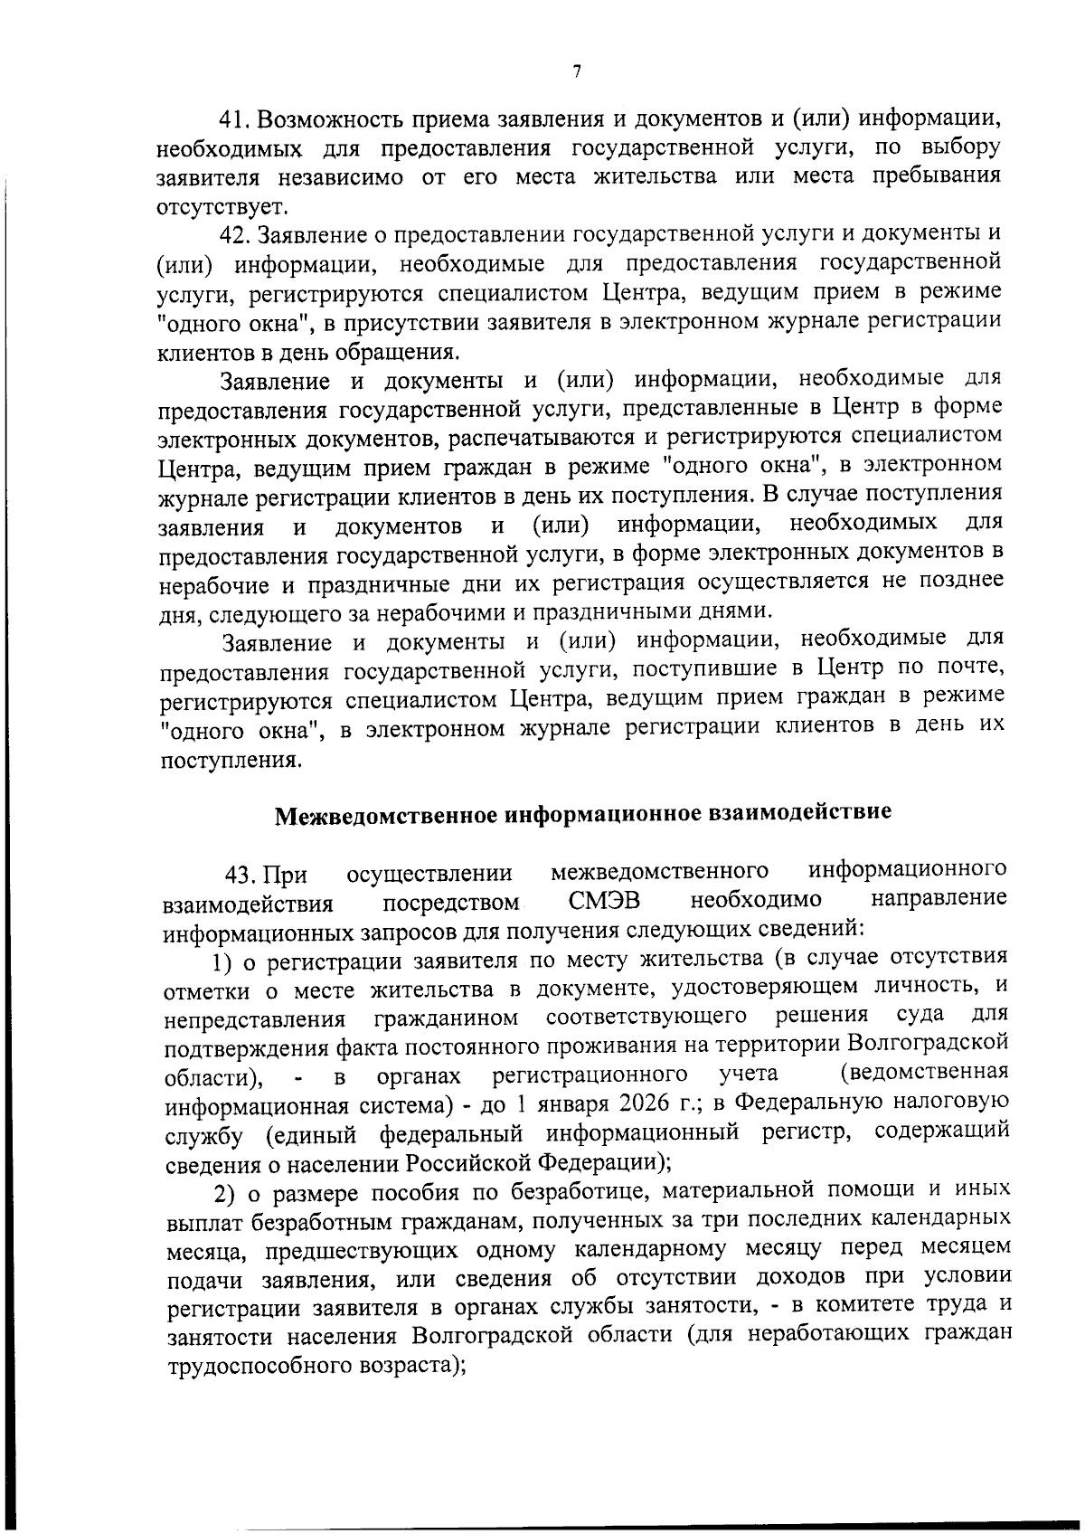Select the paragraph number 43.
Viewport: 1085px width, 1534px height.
[x=242, y=876]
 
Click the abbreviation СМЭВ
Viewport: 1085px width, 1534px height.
[x=605, y=901]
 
